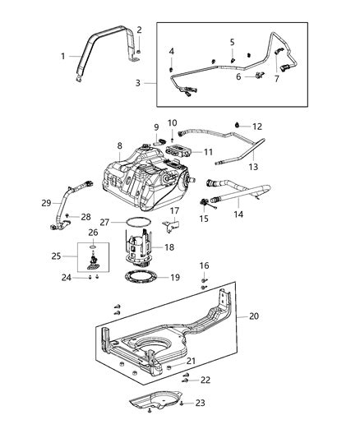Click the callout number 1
(x=63, y=56)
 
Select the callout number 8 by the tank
(x=119, y=145)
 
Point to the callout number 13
(x=253, y=165)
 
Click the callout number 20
(x=253, y=315)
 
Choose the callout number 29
(x=46, y=201)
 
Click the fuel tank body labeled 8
(x=144, y=185)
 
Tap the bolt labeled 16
(x=203, y=282)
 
